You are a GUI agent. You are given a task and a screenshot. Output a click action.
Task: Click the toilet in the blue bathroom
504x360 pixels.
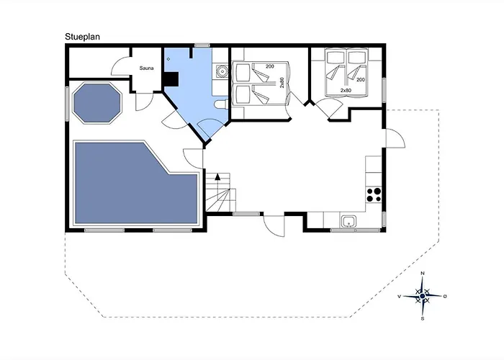click(221, 104)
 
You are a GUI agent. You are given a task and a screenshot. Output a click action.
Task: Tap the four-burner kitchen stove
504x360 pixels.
click(374, 194)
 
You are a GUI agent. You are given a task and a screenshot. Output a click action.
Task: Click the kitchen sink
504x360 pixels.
click(348, 222)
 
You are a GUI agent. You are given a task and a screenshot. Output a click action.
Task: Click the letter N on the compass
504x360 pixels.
click(422, 274)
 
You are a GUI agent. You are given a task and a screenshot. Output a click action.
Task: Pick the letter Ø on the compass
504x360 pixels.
click(446, 296)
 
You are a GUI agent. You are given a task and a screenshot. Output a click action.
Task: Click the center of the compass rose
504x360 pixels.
click(422, 296)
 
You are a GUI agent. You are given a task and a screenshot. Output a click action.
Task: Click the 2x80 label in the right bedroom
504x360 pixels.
click(346, 90)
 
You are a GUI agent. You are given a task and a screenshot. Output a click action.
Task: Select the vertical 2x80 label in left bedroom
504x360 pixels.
click(283, 83)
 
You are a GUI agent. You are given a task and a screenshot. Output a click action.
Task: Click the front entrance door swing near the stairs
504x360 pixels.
click(272, 225)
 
